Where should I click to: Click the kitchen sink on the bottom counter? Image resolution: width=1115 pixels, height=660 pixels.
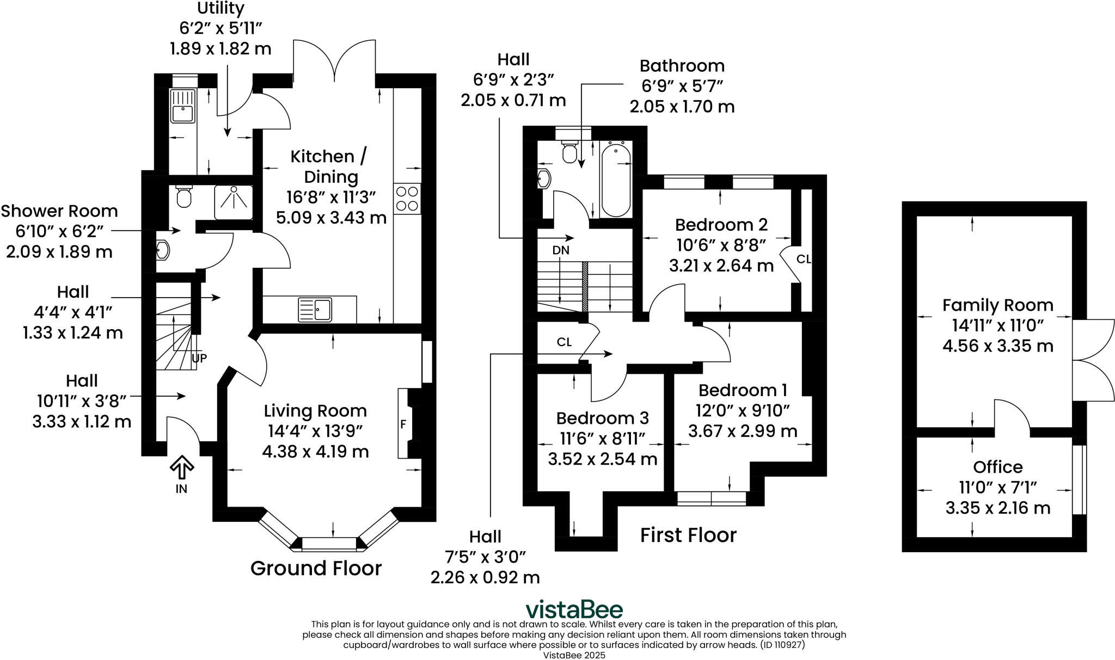point(315,310)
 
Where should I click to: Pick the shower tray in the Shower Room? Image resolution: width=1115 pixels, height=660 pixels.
point(234,201)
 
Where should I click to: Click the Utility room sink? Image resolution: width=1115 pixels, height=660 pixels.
point(182,106)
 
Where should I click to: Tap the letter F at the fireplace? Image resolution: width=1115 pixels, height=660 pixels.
point(403,424)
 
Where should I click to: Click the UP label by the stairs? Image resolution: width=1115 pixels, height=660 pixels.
point(199,358)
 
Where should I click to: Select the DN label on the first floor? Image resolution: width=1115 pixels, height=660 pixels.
point(561,250)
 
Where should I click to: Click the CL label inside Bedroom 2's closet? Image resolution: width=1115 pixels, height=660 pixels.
point(804,259)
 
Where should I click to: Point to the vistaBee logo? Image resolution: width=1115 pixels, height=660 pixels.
point(574,609)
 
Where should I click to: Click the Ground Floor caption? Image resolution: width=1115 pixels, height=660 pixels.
point(316,568)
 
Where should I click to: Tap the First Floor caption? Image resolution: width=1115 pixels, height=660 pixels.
point(688,535)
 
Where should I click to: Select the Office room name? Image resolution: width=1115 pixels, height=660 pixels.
point(998,467)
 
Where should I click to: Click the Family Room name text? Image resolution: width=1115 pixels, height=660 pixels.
point(998,305)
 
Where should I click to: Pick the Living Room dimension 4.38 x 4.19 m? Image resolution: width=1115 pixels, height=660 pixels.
point(316,452)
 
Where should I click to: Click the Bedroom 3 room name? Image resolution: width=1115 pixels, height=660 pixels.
point(603,418)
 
